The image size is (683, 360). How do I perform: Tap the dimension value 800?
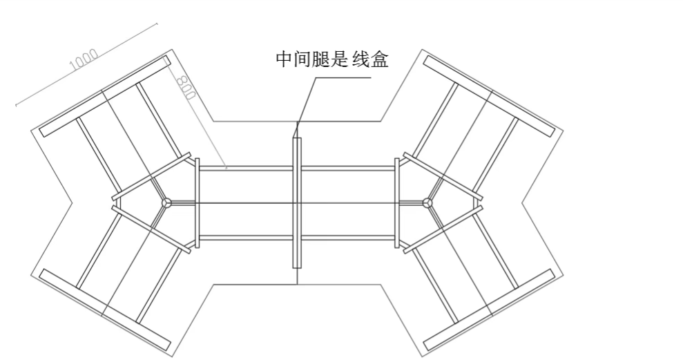[184, 85]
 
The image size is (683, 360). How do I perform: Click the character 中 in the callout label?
[285, 60]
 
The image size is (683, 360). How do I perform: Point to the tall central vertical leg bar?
[297, 202]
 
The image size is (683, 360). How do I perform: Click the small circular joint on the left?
[166, 202]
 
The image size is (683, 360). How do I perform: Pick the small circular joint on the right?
[427, 202]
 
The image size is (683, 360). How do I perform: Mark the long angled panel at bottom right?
[489, 309]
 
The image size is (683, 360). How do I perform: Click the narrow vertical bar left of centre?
[198, 202]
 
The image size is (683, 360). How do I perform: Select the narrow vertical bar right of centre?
[396, 202]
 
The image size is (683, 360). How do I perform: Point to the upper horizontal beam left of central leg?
[246, 168]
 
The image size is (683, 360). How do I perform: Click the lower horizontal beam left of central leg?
[246, 238]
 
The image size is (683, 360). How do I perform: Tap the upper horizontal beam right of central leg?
[347, 168]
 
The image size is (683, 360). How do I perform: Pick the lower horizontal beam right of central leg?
[347, 238]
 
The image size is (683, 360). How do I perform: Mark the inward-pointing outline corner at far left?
[73, 202]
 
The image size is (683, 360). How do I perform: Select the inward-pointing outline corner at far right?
[521, 202]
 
